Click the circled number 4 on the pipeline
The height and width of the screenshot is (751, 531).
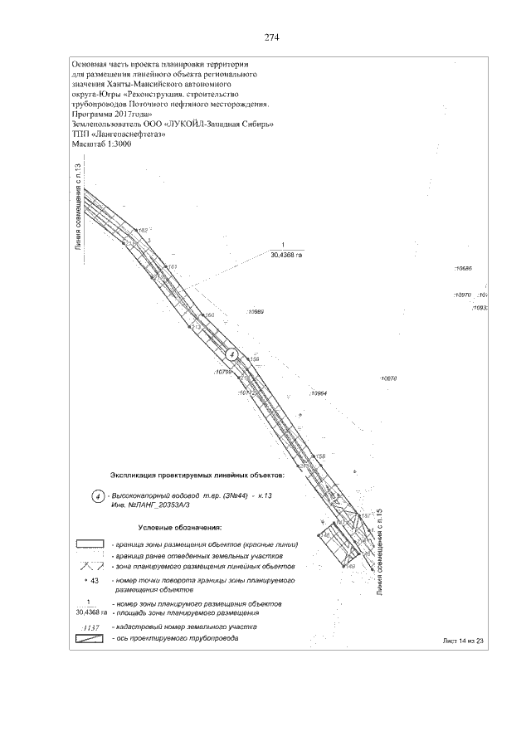coord(233,354)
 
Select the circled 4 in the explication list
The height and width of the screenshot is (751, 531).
coord(97,497)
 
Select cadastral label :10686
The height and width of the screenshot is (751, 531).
coord(462,269)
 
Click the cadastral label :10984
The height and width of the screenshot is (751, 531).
coord(318,393)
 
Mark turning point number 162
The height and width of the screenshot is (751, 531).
coord(142,230)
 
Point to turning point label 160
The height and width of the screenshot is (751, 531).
coord(209,315)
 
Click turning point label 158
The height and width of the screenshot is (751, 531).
coord(319,456)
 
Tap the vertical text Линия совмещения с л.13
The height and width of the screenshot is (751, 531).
coord(78,207)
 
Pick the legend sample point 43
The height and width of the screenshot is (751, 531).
coord(92,581)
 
